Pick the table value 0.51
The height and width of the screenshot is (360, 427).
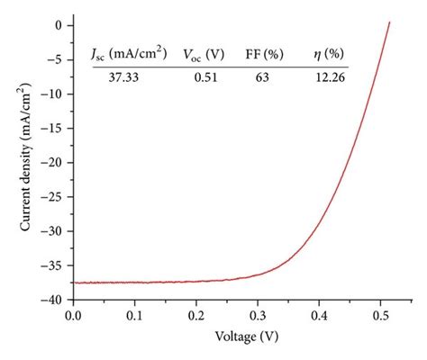click(209, 77)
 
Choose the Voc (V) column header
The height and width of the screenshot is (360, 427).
click(204, 55)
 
